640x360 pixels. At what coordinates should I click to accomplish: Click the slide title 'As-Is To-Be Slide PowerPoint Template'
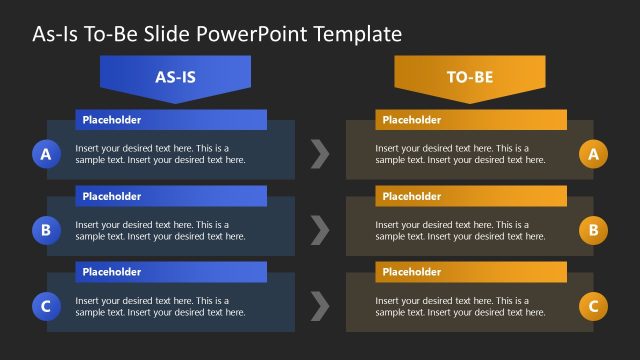[x=217, y=34]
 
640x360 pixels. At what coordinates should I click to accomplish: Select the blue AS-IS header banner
[x=175, y=75]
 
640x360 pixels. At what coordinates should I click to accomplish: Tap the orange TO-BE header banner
[x=470, y=75]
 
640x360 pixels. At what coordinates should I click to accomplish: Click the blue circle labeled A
[x=45, y=154]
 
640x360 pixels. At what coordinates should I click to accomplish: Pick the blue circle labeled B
[x=45, y=230]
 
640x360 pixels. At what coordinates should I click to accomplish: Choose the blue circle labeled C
[x=45, y=306]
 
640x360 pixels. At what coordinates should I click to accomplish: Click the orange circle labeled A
[x=593, y=154]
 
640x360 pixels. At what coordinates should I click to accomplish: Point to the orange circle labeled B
[x=593, y=230]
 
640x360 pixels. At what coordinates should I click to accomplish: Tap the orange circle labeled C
[x=593, y=306]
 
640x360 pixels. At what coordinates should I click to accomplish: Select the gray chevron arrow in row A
[x=319, y=154]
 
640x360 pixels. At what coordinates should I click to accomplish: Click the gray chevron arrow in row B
[x=319, y=230]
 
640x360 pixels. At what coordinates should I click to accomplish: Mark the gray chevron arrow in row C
[x=319, y=306]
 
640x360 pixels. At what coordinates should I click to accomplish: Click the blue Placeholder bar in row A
[x=171, y=120]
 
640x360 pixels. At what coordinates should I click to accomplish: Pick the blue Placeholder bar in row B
[x=171, y=196]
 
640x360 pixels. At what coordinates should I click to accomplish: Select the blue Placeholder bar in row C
[x=171, y=272]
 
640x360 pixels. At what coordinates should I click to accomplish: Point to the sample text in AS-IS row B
[x=160, y=231]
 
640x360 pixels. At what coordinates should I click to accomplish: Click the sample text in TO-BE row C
[x=460, y=307]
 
